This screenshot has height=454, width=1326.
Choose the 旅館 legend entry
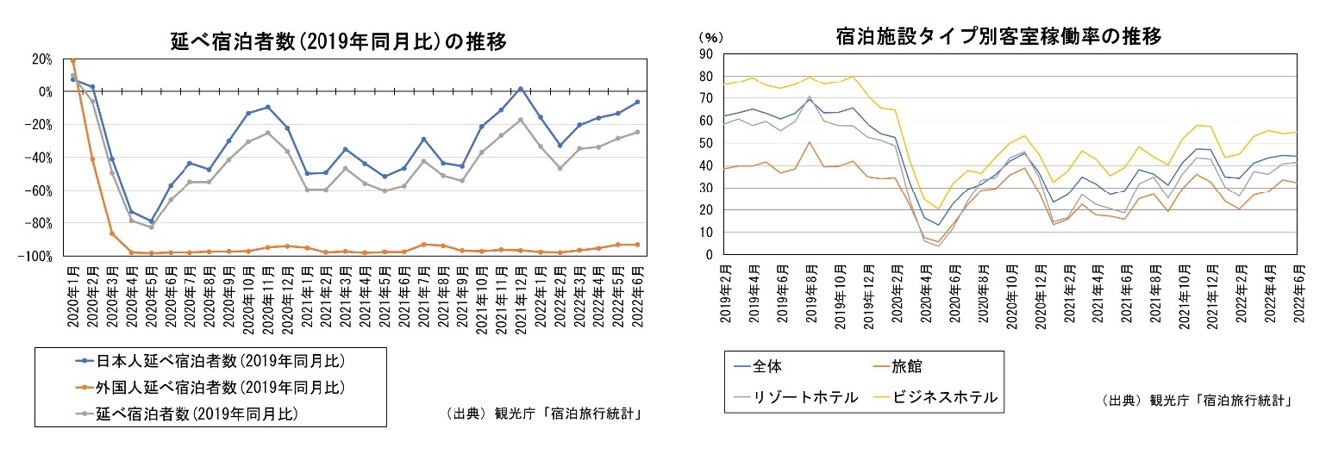(x=905, y=366)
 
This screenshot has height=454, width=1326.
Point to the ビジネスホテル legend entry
(x=944, y=397)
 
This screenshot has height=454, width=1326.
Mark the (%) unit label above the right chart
(x=710, y=37)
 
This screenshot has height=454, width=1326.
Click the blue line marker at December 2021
(x=521, y=89)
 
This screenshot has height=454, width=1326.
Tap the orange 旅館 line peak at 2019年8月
(x=810, y=142)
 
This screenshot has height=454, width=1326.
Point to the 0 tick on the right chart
(x=708, y=255)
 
